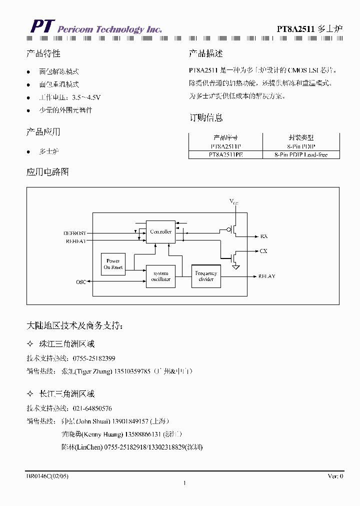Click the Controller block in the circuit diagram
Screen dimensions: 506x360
(x=160, y=232)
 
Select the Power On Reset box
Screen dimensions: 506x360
(x=113, y=264)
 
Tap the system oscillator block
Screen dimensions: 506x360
(x=160, y=276)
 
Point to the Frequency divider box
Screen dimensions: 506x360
(x=206, y=276)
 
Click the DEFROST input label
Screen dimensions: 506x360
(x=74, y=233)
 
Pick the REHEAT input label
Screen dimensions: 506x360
(x=75, y=241)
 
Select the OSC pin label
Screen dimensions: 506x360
(x=80, y=282)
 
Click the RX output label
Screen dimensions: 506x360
(x=264, y=236)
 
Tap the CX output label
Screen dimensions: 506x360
(x=263, y=251)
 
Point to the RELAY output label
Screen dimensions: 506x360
(x=266, y=276)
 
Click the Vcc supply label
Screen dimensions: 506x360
(x=234, y=201)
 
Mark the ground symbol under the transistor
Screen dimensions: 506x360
(x=236, y=267)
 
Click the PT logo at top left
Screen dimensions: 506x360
(x=41, y=27)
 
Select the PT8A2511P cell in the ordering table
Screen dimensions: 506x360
(x=225, y=146)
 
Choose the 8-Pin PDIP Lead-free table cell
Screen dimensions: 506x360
(x=301, y=155)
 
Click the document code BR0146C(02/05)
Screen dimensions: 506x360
(x=47, y=476)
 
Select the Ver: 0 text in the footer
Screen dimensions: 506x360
(x=335, y=476)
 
